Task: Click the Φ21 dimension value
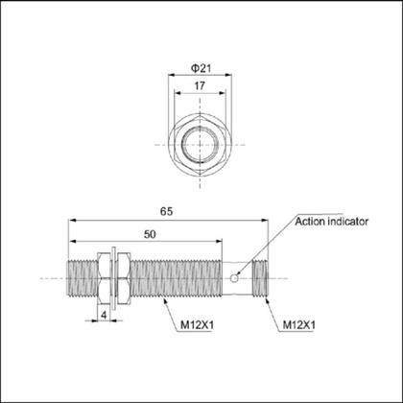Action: click(x=201, y=68)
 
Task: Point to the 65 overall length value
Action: click(x=168, y=210)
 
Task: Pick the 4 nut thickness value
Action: click(x=105, y=314)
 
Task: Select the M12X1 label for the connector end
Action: click(x=299, y=326)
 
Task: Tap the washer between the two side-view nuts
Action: click(x=113, y=277)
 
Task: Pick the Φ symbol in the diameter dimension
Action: click(x=192, y=68)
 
